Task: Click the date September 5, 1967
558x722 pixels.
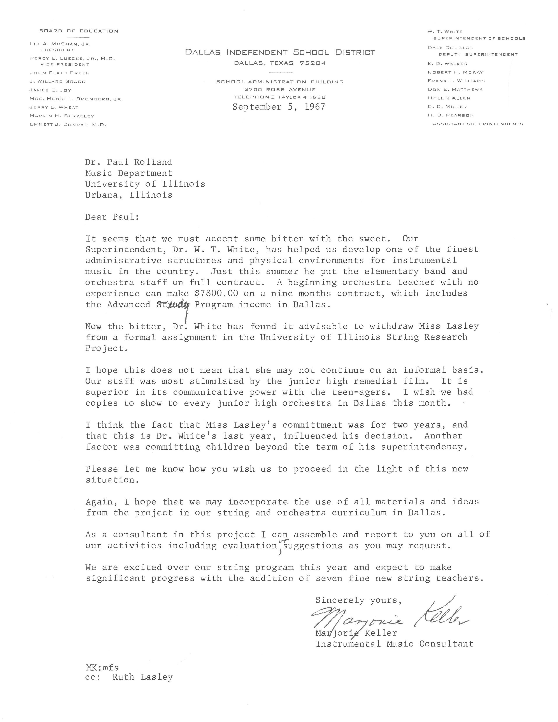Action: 278,107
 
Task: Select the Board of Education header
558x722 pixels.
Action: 79,31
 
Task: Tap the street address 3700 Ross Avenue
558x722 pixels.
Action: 280,89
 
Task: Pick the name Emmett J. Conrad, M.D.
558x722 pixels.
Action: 68,125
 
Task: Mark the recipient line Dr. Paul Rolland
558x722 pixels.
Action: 129,162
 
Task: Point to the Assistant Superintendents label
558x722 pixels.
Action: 478,124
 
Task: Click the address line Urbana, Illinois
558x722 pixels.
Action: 129,195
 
